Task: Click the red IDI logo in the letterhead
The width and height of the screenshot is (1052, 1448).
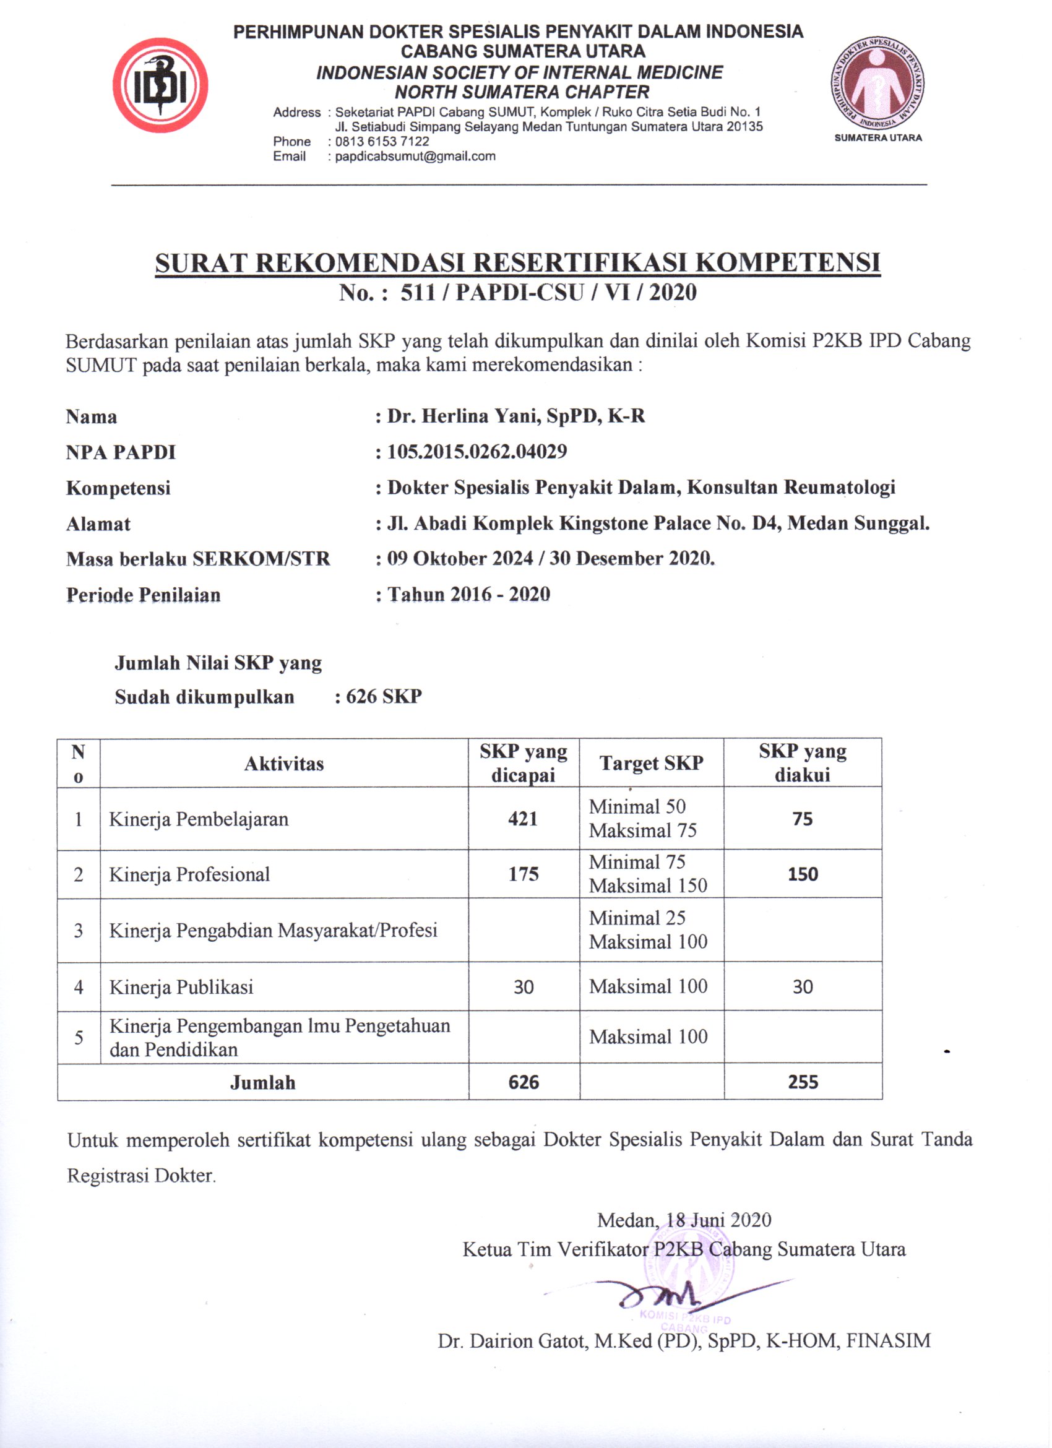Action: pyautogui.click(x=160, y=85)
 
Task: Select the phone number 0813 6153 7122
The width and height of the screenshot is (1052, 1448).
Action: pyautogui.click(x=382, y=141)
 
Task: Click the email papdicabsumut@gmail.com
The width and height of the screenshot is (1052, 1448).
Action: pyautogui.click(x=415, y=157)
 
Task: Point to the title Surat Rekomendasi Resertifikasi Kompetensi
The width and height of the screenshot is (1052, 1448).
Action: pyautogui.click(x=518, y=262)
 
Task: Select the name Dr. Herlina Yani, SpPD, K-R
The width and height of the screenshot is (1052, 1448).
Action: pyautogui.click(x=515, y=416)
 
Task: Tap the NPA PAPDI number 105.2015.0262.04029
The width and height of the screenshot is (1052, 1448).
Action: pyautogui.click(x=477, y=452)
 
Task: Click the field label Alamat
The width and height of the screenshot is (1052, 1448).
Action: pyautogui.click(x=98, y=524)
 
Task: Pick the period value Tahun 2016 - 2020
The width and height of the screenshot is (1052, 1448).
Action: pyautogui.click(x=468, y=595)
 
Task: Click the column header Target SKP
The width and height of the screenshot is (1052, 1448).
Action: pyautogui.click(x=651, y=763)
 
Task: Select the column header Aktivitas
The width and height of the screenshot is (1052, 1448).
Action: pyautogui.click(x=284, y=764)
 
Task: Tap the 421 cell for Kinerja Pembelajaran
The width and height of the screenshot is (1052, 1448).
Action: pyautogui.click(x=523, y=819)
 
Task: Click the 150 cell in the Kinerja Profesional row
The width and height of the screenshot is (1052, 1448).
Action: pyautogui.click(x=803, y=874)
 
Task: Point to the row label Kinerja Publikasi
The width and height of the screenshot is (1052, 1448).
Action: pyautogui.click(x=181, y=987)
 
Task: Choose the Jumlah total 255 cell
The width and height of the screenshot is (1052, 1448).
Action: pyautogui.click(x=803, y=1082)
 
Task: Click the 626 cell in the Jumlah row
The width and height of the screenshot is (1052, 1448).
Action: pyautogui.click(x=524, y=1082)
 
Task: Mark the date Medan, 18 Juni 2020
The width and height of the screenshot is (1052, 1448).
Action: pyautogui.click(x=684, y=1220)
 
